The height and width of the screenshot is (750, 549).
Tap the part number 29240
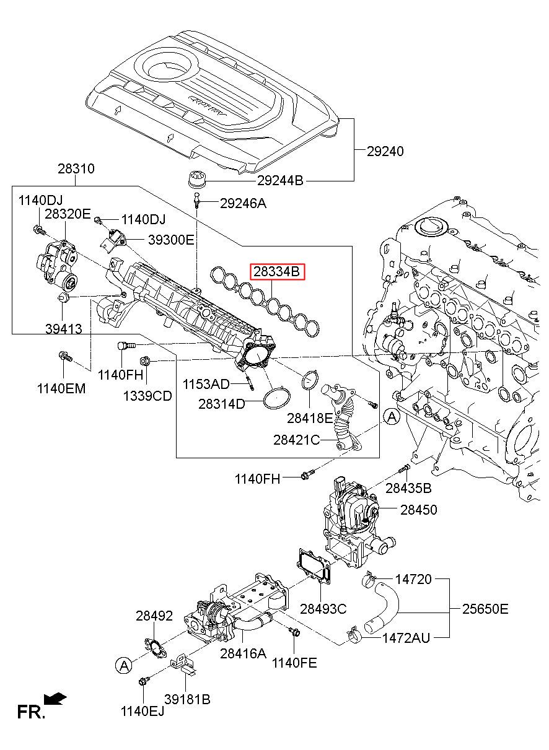tap(385, 150)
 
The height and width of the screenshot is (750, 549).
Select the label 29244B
tap(280, 181)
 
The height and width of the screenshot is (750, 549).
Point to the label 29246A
tap(243, 203)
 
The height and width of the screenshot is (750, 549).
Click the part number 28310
tap(76, 168)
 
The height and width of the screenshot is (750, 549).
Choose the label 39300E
tap(170, 240)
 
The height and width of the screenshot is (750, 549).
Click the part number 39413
tap(63, 329)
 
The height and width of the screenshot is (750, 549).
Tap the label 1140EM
tap(61, 389)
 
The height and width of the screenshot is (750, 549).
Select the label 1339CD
tap(147, 396)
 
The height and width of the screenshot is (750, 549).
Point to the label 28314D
tap(222, 404)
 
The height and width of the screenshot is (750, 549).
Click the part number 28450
tap(418, 510)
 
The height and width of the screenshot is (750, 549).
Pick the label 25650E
tap(485, 609)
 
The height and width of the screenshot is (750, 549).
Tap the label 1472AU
tap(405, 637)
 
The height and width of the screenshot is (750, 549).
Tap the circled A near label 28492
tap(124, 666)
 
